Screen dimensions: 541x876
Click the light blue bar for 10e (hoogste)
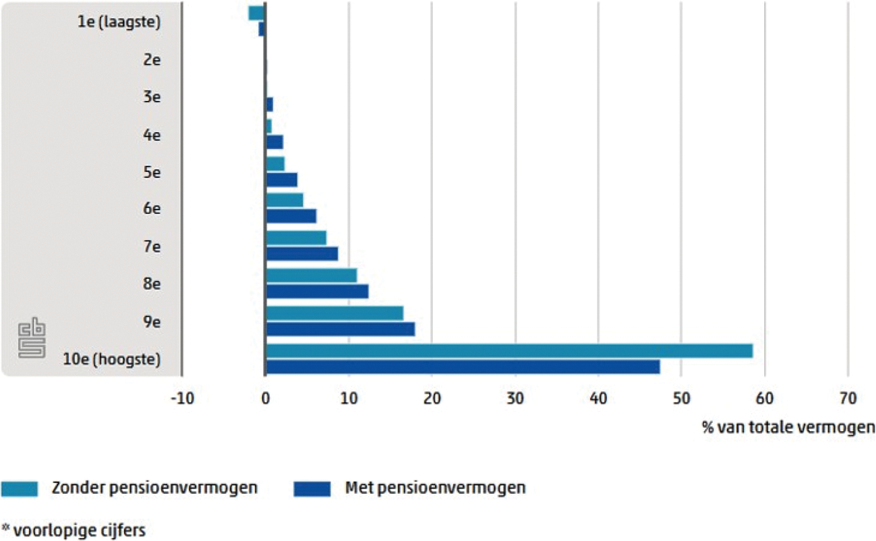[509, 351]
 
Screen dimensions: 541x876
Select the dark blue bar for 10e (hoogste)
[463, 367]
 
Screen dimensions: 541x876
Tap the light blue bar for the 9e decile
[334, 313]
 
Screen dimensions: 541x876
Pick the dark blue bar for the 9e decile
[341, 329]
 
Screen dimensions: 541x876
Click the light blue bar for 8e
[311, 276]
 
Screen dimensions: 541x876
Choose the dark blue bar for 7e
[301, 253]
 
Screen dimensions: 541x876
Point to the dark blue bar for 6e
[291, 216]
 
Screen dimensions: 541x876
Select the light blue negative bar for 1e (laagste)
[256, 13]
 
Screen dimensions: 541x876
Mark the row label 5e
[152, 172]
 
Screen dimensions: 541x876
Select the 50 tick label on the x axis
[681, 399]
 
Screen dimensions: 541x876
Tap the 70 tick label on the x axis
[848, 399]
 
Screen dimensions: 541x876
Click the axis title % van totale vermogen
[788, 428]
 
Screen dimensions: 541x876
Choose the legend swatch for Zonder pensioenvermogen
[23, 488]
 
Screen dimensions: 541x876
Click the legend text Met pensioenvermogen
[434, 488]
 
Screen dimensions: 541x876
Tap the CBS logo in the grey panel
[32, 338]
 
